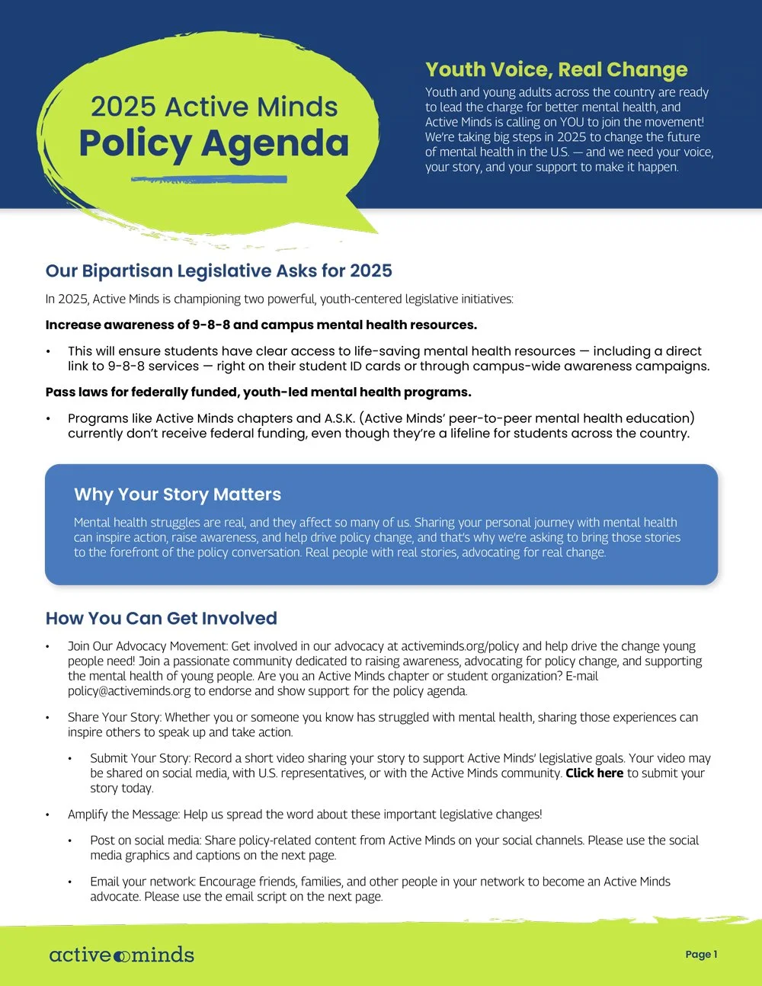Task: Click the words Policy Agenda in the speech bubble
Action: click(x=213, y=143)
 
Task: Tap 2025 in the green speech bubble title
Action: click(x=123, y=107)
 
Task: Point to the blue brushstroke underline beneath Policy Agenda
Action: click(x=209, y=180)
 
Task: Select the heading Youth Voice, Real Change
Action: click(x=556, y=69)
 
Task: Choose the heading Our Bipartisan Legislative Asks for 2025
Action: click(x=219, y=271)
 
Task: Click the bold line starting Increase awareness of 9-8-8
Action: click(x=261, y=325)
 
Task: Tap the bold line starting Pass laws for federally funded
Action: click(x=258, y=392)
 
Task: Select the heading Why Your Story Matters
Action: click(x=178, y=495)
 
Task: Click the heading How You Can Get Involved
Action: click(x=162, y=618)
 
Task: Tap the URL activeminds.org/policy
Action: click(x=461, y=646)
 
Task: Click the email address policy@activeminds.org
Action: click(x=129, y=691)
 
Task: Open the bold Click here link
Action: click(x=594, y=773)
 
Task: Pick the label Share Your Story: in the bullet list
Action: click(x=114, y=717)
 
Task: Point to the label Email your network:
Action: click(x=142, y=882)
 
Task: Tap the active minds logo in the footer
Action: click(x=122, y=955)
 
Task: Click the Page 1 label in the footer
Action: click(x=701, y=954)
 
